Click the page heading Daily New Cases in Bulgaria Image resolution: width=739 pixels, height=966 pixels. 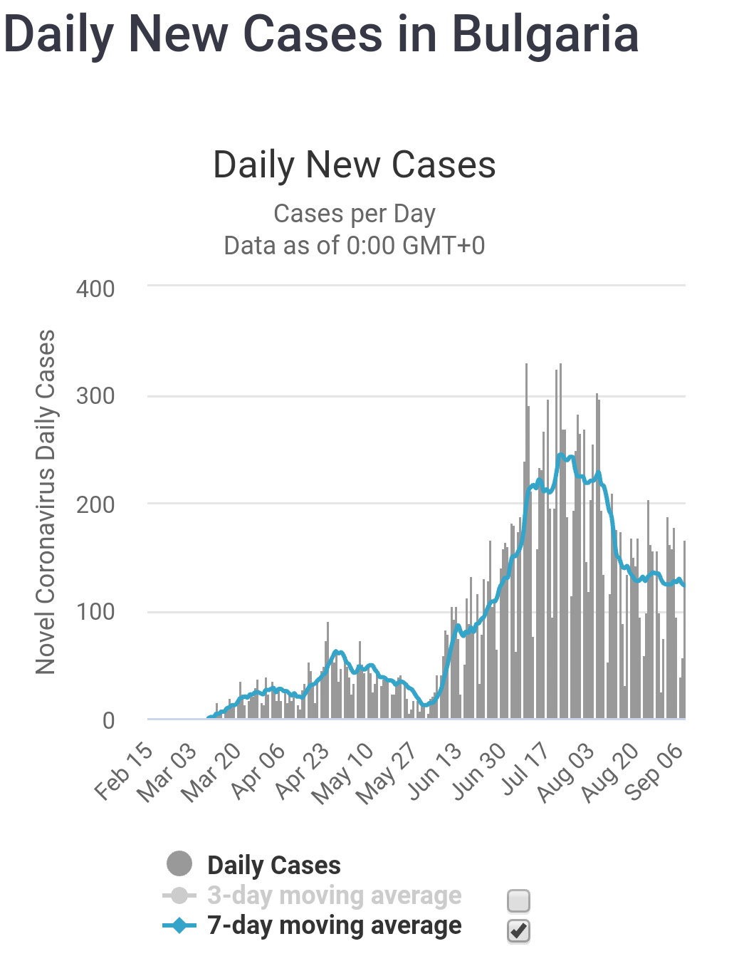point(321,34)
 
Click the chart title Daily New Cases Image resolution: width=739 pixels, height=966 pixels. point(355,165)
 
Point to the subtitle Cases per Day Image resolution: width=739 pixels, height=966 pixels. point(355,214)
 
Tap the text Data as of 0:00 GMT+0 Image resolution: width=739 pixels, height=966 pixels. point(355,246)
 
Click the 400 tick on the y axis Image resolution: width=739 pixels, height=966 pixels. point(95,289)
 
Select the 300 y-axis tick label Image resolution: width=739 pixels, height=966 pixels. point(95,396)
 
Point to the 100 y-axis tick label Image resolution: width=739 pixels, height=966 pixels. point(95,612)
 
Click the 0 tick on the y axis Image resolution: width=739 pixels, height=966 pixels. point(108,720)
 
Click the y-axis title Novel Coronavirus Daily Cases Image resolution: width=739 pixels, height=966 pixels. point(46,502)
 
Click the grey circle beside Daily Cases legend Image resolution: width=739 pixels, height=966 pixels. point(179,863)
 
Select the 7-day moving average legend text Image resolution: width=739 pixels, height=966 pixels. point(334,925)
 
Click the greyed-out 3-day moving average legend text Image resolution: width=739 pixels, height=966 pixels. point(334,895)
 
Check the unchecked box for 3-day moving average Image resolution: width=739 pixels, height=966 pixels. point(518,900)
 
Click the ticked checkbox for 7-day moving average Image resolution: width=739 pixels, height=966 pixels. point(518,930)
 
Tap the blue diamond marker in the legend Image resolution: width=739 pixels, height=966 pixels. point(179,925)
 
